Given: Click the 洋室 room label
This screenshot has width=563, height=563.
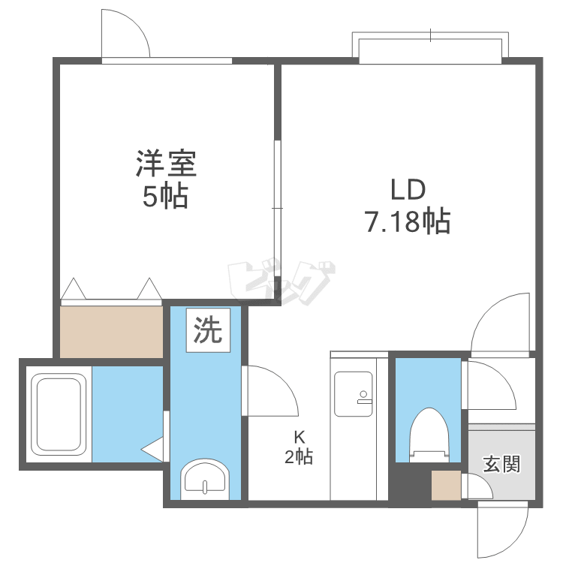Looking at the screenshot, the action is (x=166, y=164).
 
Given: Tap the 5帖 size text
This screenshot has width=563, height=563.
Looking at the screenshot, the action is (x=166, y=196).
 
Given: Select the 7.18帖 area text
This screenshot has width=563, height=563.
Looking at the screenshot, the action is (x=408, y=221).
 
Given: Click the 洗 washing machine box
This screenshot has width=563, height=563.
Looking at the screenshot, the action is (x=208, y=330).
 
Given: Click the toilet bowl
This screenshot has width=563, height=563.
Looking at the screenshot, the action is (x=429, y=435).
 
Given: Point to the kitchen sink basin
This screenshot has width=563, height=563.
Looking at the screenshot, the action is (x=354, y=394).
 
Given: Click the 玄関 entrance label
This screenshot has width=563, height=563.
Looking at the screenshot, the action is (x=501, y=464).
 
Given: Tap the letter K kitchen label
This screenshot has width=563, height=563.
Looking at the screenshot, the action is (x=300, y=438).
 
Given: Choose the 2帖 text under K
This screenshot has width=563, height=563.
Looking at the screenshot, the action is (x=298, y=457).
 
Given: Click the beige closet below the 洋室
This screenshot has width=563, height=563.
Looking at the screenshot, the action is (x=111, y=332).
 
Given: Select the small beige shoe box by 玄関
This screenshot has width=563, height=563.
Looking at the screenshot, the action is (x=447, y=485).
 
